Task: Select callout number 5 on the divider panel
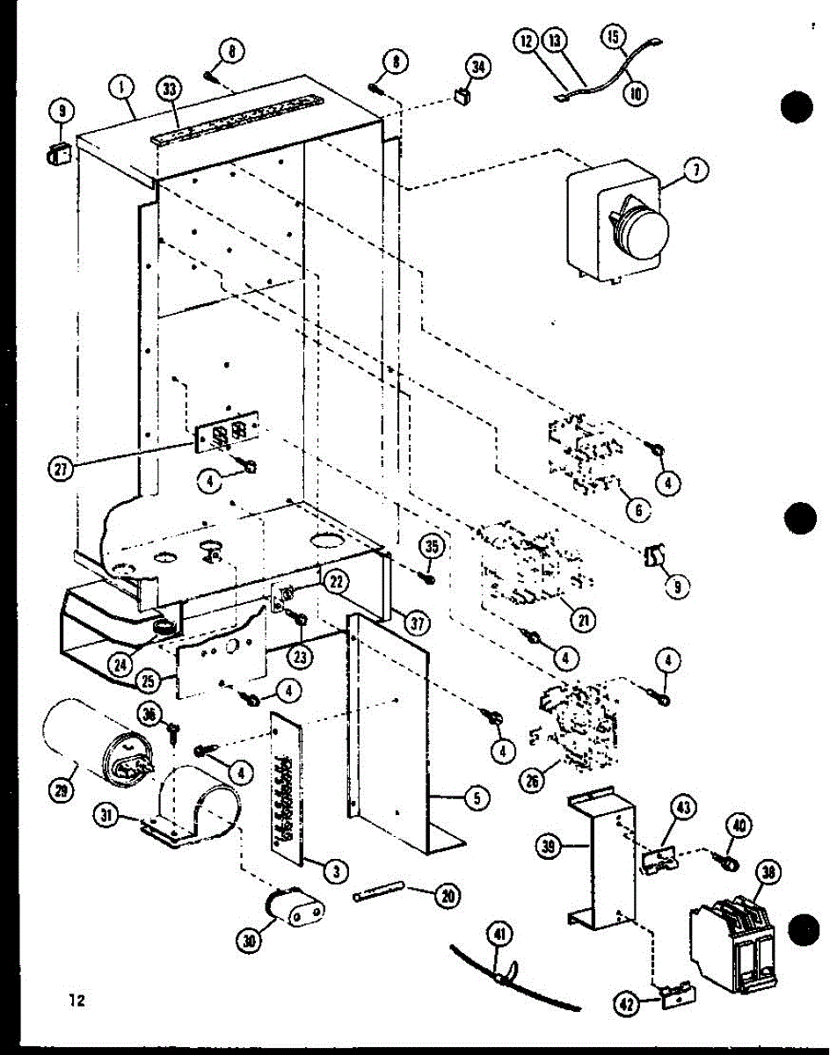(x=475, y=798)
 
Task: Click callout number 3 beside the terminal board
(x=333, y=870)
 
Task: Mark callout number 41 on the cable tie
(x=501, y=938)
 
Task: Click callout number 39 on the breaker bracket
(x=550, y=846)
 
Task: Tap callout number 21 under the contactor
(x=581, y=618)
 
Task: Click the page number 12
(x=75, y=1000)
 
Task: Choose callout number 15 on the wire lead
(x=614, y=38)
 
